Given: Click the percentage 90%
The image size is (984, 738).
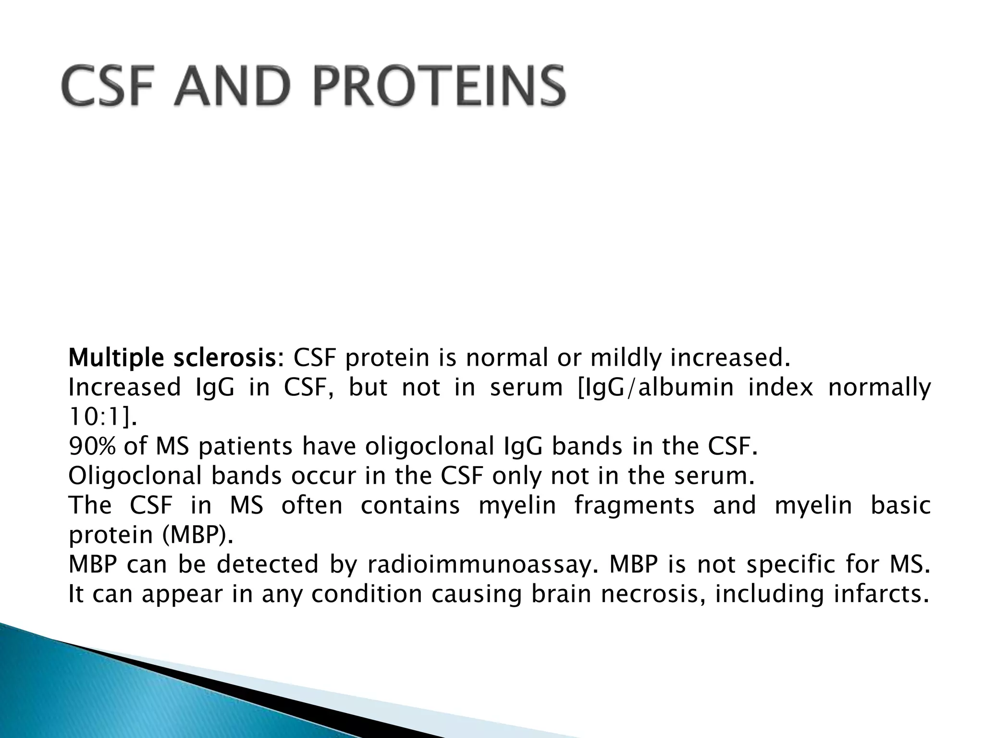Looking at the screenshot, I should [x=92, y=446].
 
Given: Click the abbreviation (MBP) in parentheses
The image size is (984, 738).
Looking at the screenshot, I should [x=195, y=535].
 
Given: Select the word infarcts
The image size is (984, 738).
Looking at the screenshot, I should [x=879, y=594].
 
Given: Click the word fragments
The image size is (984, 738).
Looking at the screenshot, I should [x=634, y=506].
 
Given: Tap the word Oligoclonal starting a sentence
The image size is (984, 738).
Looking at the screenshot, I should [x=134, y=476].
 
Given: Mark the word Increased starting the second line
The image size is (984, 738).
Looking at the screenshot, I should [x=124, y=387].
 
